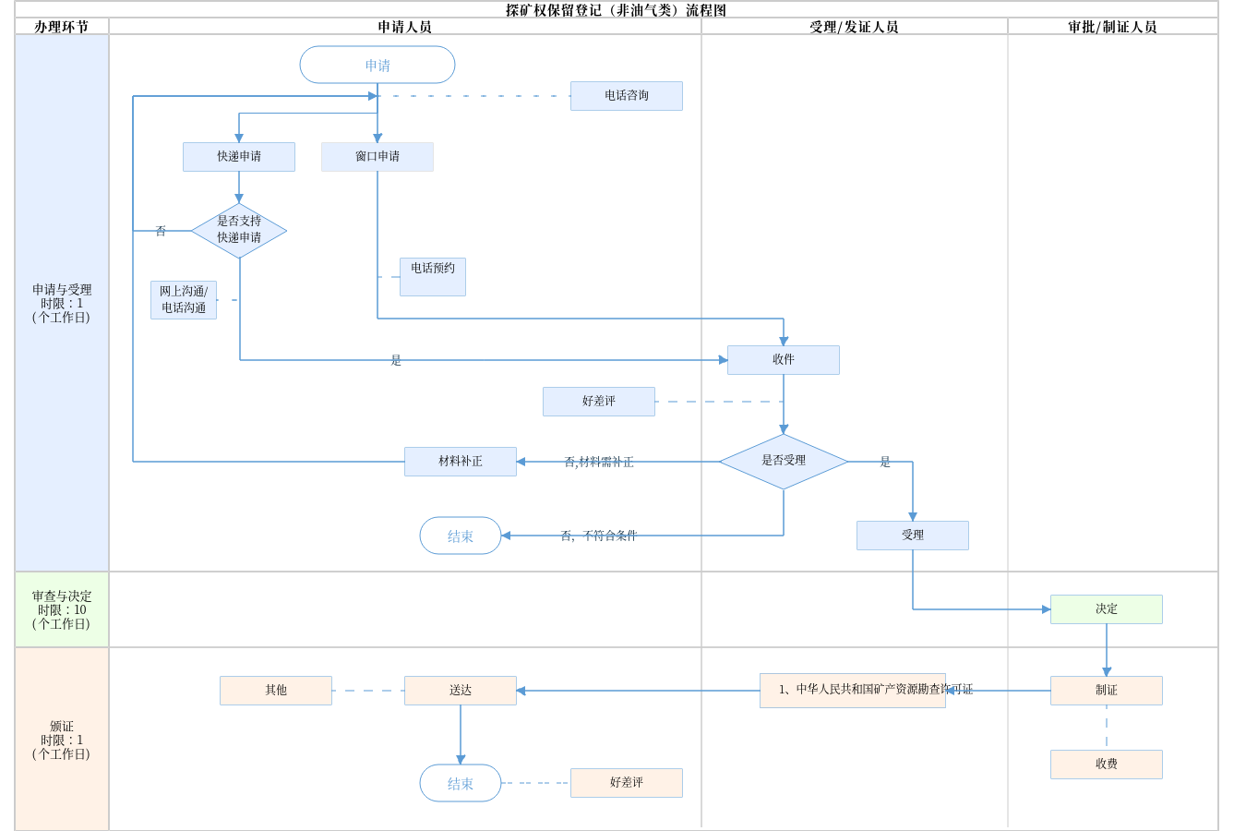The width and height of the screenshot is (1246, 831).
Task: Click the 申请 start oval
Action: click(x=377, y=66)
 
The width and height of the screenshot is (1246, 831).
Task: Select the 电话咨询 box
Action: click(x=627, y=96)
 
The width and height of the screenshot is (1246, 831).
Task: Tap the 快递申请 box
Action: click(x=239, y=157)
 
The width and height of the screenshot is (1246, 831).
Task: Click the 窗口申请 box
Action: click(x=377, y=157)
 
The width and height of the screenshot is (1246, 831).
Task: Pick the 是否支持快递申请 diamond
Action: click(x=239, y=230)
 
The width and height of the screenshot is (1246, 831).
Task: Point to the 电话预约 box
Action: click(x=433, y=277)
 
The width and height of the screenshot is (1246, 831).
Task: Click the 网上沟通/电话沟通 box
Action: click(x=184, y=300)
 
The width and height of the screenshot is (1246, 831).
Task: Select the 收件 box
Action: click(x=784, y=360)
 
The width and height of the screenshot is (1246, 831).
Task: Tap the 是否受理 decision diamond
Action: click(x=784, y=461)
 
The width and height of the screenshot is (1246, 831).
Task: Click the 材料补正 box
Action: click(x=461, y=462)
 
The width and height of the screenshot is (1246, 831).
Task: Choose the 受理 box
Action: click(x=913, y=536)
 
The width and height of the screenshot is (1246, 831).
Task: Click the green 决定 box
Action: click(x=1107, y=609)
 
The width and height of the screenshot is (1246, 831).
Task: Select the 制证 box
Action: click(x=1107, y=691)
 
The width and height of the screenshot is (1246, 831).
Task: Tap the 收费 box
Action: click(x=1107, y=765)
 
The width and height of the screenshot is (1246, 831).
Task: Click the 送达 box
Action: click(x=461, y=691)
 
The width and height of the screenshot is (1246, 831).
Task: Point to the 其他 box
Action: click(x=276, y=691)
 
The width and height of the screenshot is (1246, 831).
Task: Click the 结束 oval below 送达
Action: click(x=461, y=783)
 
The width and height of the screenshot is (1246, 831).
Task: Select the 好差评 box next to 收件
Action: click(x=599, y=402)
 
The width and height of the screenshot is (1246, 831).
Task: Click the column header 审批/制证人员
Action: click(x=1112, y=27)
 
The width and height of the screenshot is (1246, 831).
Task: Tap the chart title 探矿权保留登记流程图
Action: click(x=616, y=10)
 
